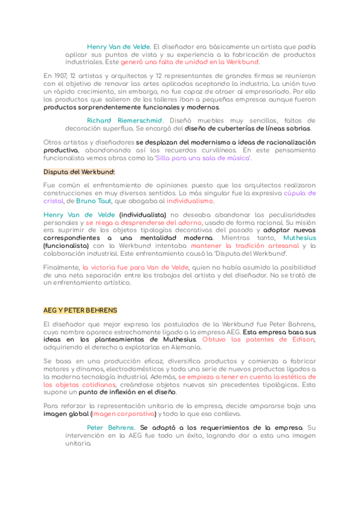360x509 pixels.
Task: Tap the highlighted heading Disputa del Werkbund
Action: click(79, 172)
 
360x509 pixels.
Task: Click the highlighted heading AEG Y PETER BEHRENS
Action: click(80, 310)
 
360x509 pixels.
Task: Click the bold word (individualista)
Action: click(143, 214)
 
